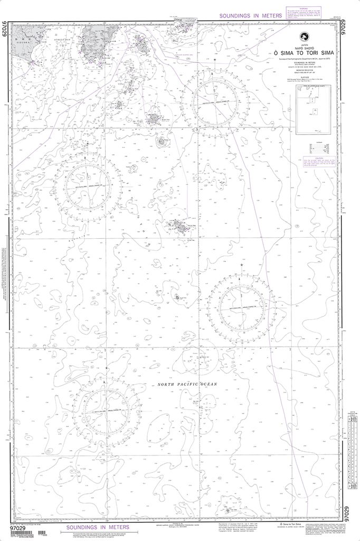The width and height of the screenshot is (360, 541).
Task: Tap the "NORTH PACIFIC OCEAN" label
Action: (x=182, y=385)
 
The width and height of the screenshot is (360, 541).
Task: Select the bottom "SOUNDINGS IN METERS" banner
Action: (x=88, y=527)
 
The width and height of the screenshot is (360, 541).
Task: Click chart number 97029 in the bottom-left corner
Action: (x=18, y=527)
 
